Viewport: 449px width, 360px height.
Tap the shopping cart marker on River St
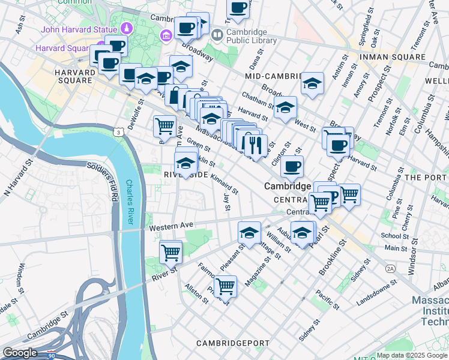[171, 252]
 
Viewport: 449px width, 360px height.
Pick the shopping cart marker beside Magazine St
[225, 286]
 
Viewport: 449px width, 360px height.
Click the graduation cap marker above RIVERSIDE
[186, 163]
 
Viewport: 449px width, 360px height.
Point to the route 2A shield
[391, 268]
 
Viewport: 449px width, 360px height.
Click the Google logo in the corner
[20, 353]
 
